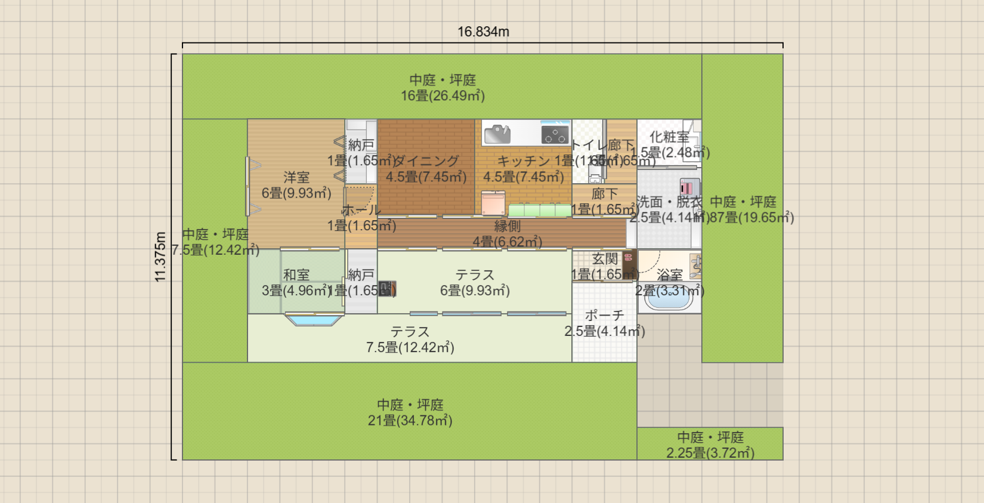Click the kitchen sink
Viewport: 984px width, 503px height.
pyautogui.click(x=497, y=134)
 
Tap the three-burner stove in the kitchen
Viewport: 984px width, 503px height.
pyautogui.click(x=555, y=134)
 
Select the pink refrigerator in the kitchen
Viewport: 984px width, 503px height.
pyautogui.click(x=493, y=203)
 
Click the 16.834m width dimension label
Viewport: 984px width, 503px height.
pyautogui.click(x=483, y=32)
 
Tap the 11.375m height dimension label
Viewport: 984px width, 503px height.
pyautogui.click(x=160, y=257)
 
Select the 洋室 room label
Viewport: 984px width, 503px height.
pyautogui.click(x=296, y=177)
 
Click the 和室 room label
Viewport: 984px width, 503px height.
pyautogui.click(x=296, y=275)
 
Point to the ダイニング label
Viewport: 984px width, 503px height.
pyautogui.click(x=426, y=161)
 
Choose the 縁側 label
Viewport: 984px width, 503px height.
pyautogui.click(x=507, y=226)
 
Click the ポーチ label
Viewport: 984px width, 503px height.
pyautogui.click(x=604, y=315)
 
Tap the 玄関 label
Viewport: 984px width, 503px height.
pyautogui.click(x=605, y=258)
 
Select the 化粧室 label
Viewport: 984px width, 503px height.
pyautogui.click(x=669, y=137)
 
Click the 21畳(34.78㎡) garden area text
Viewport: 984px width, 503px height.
pyautogui.click(x=410, y=421)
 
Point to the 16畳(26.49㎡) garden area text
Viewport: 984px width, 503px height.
pyautogui.click(x=443, y=95)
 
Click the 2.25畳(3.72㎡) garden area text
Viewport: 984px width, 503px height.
pyautogui.click(x=710, y=453)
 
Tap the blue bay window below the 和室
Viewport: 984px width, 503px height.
pyautogui.click(x=314, y=320)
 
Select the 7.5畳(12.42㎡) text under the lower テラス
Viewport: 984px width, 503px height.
pyautogui.click(x=410, y=347)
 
